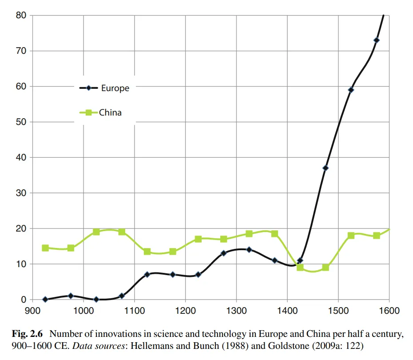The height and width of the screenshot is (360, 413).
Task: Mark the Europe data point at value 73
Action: (x=377, y=40)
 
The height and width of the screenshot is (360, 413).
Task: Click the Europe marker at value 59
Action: (x=351, y=90)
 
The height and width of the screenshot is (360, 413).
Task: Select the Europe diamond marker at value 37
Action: (x=326, y=168)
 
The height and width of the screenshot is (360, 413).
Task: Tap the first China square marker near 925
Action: (x=45, y=248)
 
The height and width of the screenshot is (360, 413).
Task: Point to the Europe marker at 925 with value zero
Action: (x=45, y=300)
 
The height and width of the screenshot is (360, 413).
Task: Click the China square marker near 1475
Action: (x=326, y=268)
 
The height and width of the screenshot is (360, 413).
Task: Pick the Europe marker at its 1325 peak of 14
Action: (x=249, y=250)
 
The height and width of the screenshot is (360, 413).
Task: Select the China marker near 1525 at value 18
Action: (x=351, y=236)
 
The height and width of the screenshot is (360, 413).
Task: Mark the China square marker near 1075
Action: (x=122, y=232)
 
